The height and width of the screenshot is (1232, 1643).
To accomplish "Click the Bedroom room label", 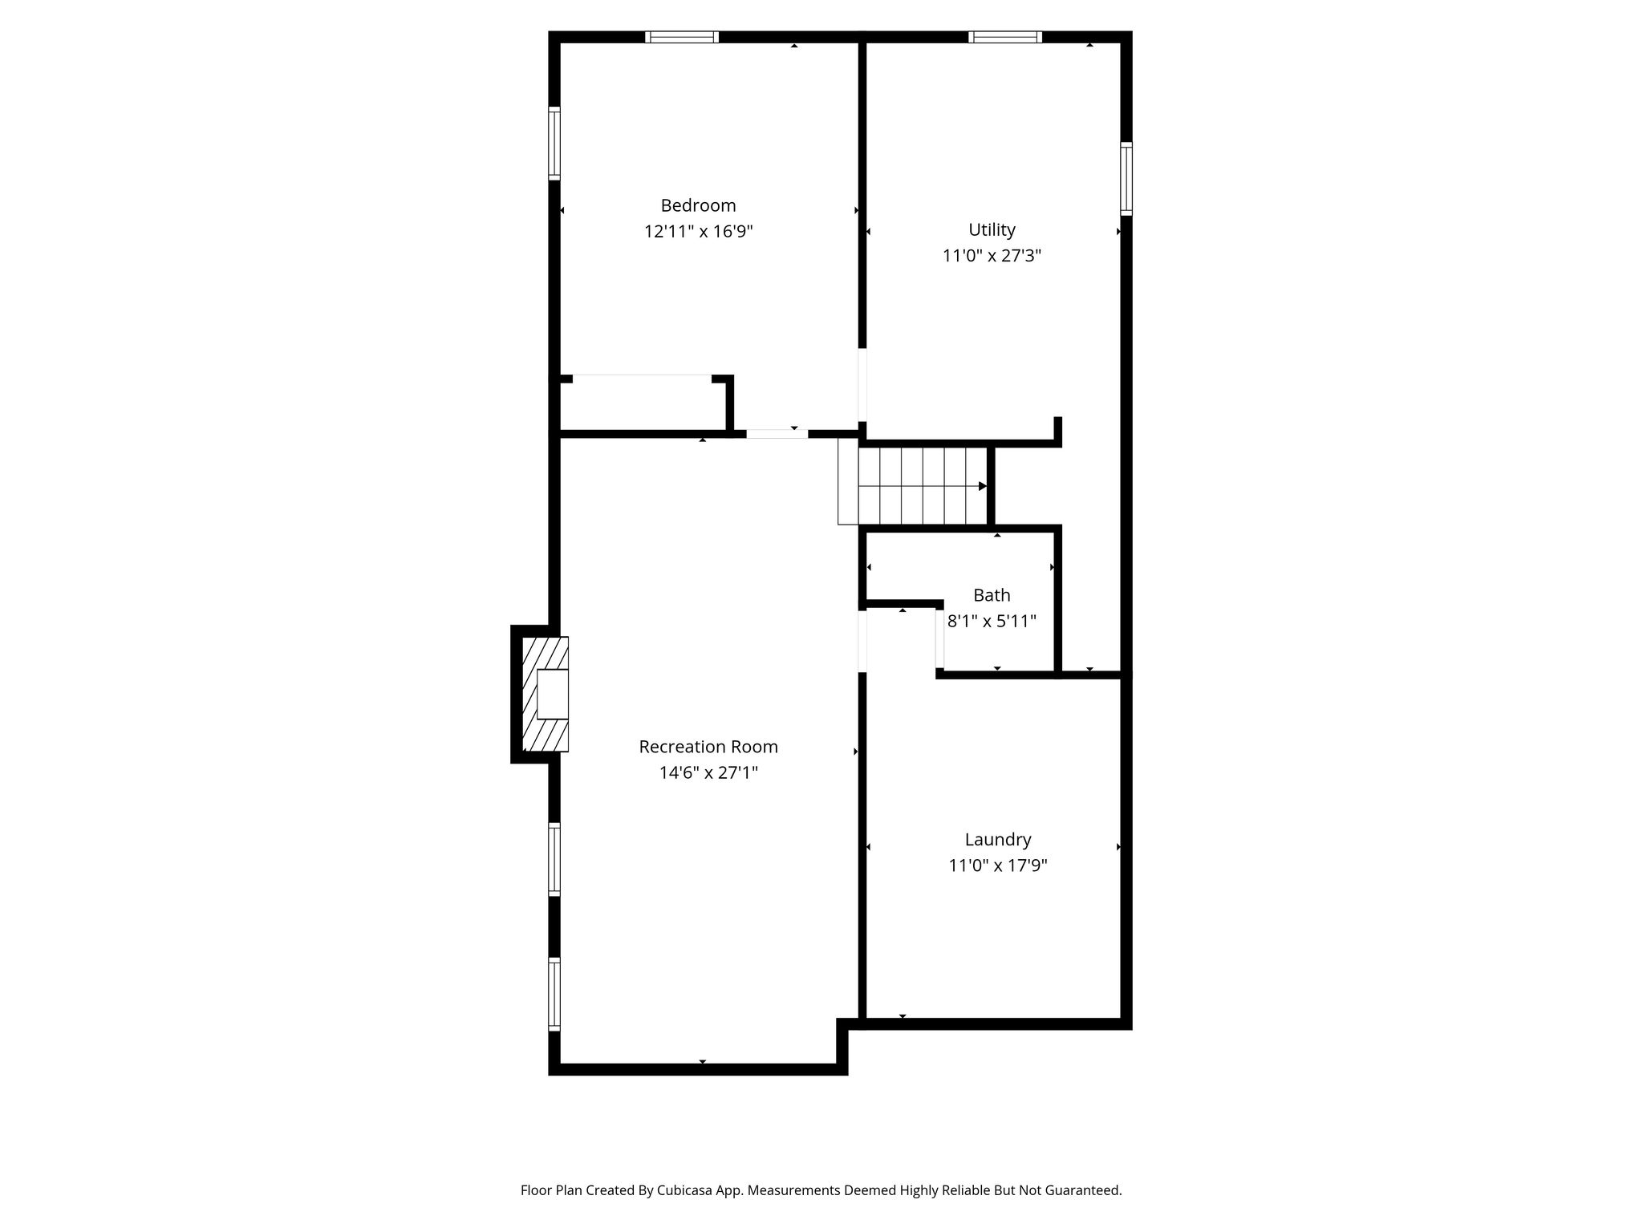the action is pos(698,205).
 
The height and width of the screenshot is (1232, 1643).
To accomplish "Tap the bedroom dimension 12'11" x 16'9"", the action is pos(698,232).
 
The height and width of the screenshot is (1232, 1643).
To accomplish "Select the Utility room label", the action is pos(992,230).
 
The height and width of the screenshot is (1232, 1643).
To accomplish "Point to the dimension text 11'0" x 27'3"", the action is pos(992,256).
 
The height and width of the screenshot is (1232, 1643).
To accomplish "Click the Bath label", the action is pos(992,595).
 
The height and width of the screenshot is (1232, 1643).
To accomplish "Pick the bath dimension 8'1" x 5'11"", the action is pos(992,621).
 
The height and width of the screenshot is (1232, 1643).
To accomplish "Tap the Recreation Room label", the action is pos(708,747).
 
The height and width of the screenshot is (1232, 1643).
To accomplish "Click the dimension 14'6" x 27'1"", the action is pos(708,772).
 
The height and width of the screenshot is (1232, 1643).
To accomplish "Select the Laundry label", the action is pos(998,840).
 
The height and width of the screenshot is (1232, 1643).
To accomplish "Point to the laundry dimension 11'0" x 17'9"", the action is pos(998,865).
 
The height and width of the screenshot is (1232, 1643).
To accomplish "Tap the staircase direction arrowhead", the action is pos(983,486).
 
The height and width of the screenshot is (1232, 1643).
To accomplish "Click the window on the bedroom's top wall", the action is pos(682,37).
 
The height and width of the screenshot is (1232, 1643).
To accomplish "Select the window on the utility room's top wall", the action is pos(1005,37).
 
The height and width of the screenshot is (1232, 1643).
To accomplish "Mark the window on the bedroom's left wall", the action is pos(554,143).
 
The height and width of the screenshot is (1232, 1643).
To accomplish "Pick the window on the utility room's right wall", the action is pos(1126,179).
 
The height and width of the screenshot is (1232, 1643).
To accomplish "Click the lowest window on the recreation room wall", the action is pos(554,994).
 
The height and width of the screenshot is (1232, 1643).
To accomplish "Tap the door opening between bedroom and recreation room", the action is pos(777,434).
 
